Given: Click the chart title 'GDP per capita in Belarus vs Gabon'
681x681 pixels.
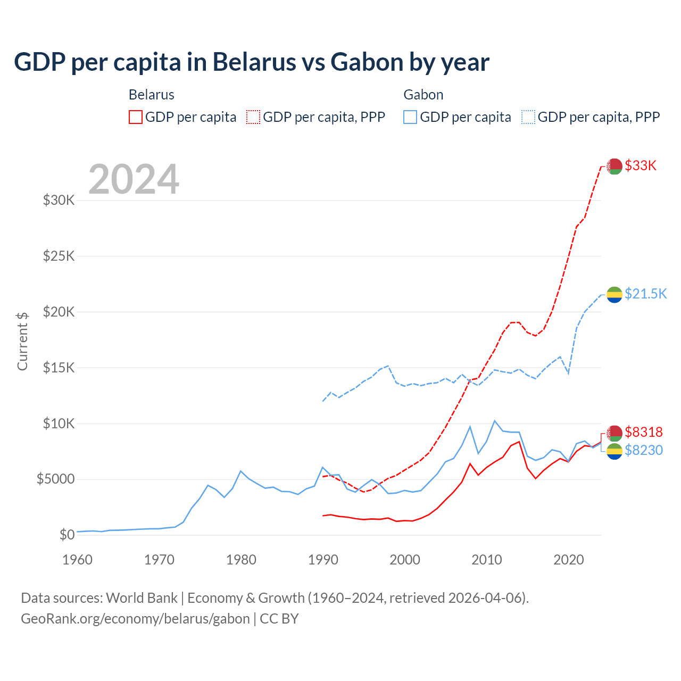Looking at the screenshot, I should tap(251, 62).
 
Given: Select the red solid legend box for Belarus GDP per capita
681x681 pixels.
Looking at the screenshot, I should tap(136, 117).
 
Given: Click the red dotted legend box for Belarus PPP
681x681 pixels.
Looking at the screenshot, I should tap(253, 117).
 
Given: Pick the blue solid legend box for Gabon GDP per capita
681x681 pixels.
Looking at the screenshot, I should tap(410, 117).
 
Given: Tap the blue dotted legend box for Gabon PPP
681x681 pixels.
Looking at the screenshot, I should tap(528, 117).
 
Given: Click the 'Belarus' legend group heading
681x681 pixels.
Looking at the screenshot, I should tap(152, 95).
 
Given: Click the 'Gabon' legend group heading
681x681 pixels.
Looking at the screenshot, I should tap(423, 95).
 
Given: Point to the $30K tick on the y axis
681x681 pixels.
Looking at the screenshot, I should tap(59, 201).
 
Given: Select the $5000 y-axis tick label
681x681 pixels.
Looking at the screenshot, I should tap(55, 479).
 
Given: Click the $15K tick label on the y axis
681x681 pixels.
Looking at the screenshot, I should tap(59, 368).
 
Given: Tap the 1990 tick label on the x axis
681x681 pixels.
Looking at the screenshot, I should tap(323, 560).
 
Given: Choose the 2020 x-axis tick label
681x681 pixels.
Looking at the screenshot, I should tap(569, 560).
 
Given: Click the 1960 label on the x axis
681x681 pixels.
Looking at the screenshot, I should tap(78, 560).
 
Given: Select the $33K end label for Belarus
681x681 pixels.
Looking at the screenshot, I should tap(641, 165).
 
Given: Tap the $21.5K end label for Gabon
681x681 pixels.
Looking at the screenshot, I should tap(645, 294).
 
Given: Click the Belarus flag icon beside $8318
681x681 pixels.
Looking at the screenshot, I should tap(614, 433).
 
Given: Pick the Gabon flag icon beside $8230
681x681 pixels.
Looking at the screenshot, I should tap(614, 451).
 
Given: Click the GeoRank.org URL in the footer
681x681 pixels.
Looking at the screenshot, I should tap(135, 619).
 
